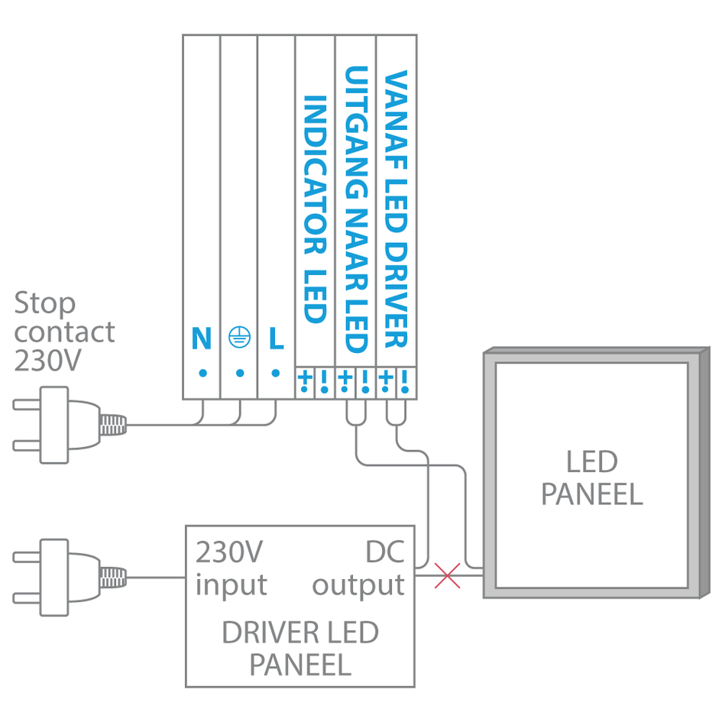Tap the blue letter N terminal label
click(x=202, y=339)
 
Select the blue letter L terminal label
click(x=276, y=339)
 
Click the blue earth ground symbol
click(x=239, y=338)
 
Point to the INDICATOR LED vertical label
click(x=315, y=209)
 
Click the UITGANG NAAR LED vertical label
click(x=355, y=209)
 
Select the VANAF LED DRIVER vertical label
click(x=396, y=209)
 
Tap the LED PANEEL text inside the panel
click(x=591, y=478)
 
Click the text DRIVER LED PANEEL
click(x=300, y=649)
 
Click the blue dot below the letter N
click(x=202, y=374)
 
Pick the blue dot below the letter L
click(x=276, y=374)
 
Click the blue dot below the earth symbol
click(x=239, y=374)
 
